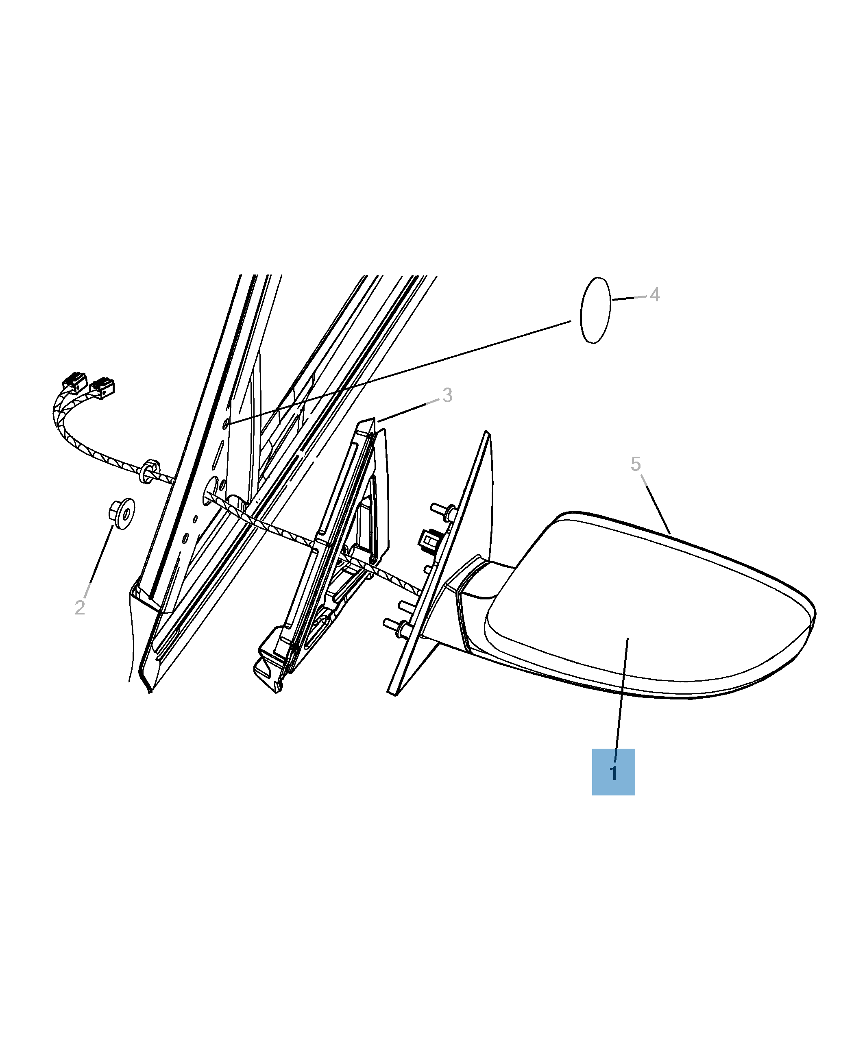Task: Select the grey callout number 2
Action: (80, 608)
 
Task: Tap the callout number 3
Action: (447, 395)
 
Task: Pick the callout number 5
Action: (636, 464)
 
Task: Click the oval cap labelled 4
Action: (596, 310)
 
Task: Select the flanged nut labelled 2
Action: (122, 514)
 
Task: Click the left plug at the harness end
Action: (74, 382)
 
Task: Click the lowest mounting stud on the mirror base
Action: (396, 625)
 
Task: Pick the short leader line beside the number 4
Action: (629, 298)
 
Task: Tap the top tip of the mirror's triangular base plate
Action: (486, 431)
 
